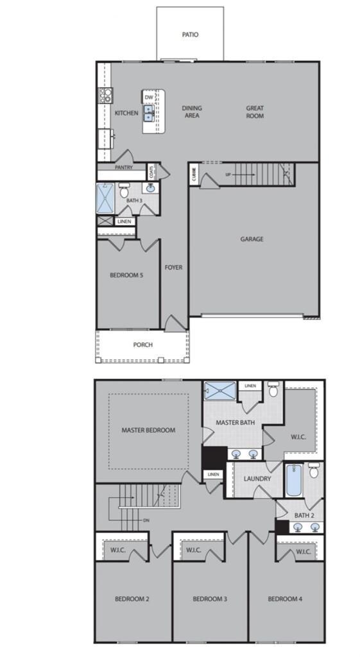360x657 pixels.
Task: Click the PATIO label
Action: click(190, 35)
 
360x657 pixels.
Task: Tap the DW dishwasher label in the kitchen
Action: click(149, 98)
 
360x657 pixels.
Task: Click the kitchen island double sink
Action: click(149, 113)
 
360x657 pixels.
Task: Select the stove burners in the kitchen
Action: click(105, 96)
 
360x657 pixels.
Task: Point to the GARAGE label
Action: click(252, 239)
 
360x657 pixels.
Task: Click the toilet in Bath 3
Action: click(124, 190)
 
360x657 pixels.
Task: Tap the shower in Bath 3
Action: click(105, 199)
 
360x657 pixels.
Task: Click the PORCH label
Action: click(143, 345)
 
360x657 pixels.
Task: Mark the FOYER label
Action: click(173, 268)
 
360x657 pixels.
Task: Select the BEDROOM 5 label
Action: click(126, 275)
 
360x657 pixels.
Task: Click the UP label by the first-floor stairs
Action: click(228, 175)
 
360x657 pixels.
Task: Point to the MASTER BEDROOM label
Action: click(148, 430)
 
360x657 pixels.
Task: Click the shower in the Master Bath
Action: click(220, 391)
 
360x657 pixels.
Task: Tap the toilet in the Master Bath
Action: click(273, 389)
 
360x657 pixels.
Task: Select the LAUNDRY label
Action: click(257, 479)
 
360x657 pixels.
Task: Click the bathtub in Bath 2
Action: click(293, 480)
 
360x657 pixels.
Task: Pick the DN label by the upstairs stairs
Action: click(146, 520)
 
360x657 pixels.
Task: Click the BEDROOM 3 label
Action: click(210, 599)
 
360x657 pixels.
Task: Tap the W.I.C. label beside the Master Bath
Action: click(298, 437)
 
